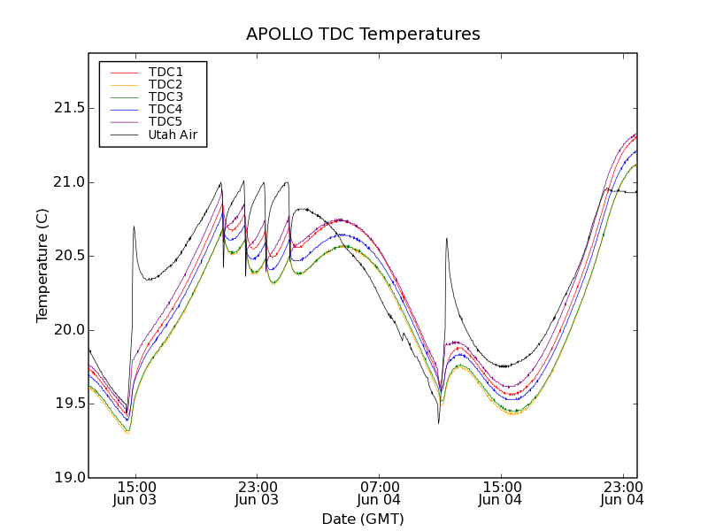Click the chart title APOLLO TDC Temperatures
[x=363, y=35]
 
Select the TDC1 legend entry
[x=165, y=72]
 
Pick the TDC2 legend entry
[x=165, y=84]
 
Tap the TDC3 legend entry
[x=165, y=96]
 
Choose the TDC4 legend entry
[x=165, y=110]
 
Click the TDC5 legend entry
[x=165, y=122]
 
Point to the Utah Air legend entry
[x=173, y=135]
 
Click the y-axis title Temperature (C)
[x=42, y=265]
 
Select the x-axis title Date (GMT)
[x=363, y=519]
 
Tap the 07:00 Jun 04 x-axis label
[x=379, y=493]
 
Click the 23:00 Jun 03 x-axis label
[x=257, y=493]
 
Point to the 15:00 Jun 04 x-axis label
[x=501, y=493]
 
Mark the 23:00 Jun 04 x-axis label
[x=622, y=493]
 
